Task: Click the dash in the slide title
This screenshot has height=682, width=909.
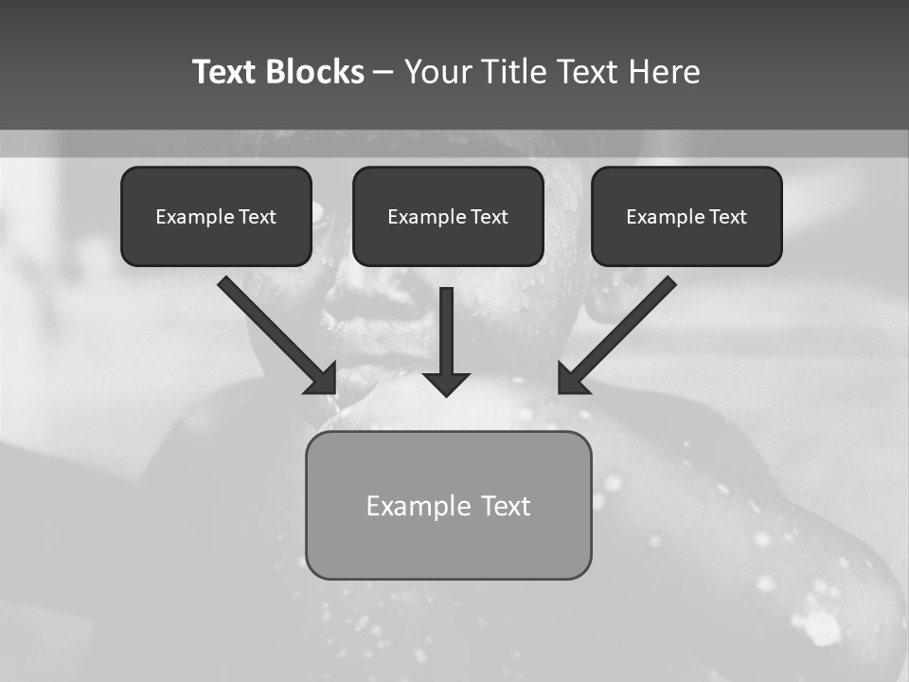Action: [x=383, y=73]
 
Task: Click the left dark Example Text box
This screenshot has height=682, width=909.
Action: [x=216, y=216]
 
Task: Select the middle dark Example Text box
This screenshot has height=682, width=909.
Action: [x=448, y=216]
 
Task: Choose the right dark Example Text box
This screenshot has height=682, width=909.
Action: [x=686, y=216]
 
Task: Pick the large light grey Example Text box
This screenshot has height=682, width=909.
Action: [x=448, y=505]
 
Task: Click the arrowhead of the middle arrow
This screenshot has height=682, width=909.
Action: [x=446, y=383]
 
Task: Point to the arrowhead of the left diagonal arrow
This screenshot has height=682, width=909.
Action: [x=322, y=379]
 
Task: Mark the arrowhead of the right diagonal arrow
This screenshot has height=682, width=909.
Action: [x=572, y=379]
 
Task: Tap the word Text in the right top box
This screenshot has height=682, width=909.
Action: [x=727, y=217]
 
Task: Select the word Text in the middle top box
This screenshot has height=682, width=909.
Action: [x=489, y=217]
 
